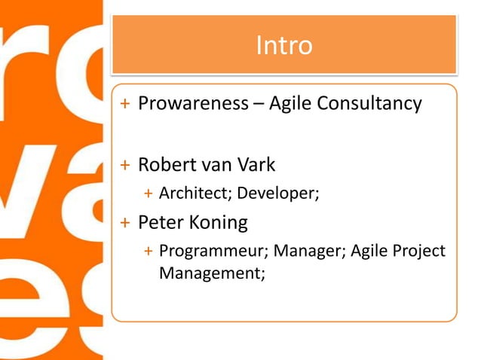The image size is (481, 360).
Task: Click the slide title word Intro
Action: coord(283,46)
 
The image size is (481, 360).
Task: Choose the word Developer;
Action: coord(278,195)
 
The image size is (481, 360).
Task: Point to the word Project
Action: coord(419,252)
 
